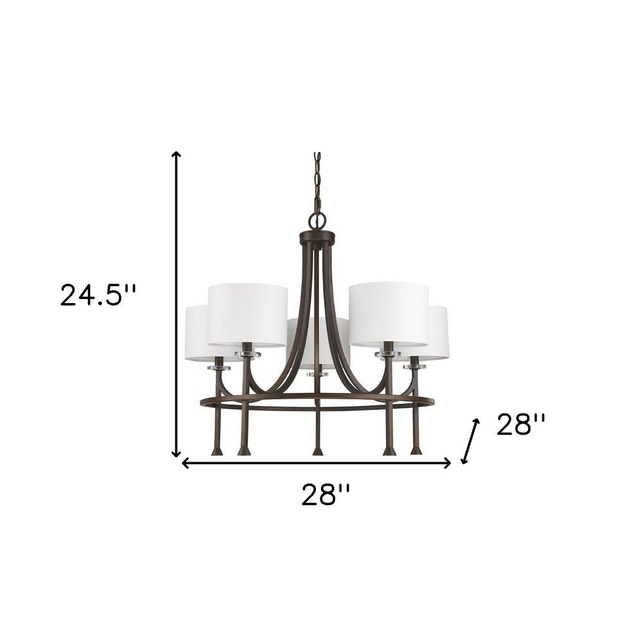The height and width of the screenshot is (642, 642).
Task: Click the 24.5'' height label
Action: pyautogui.click(x=98, y=296)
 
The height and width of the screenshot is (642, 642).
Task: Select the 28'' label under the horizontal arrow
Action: pyautogui.click(x=326, y=496)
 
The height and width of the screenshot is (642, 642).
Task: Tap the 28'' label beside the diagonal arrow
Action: pyautogui.click(x=521, y=424)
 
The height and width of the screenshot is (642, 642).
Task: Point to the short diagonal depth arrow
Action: pyautogui.click(x=469, y=441)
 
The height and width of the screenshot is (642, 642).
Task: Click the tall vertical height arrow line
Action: pyautogui.click(x=177, y=302)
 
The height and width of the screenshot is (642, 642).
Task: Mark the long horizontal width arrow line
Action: pyautogui.click(x=317, y=464)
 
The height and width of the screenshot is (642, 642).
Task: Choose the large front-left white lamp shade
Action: pyautogui.click(x=247, y=314)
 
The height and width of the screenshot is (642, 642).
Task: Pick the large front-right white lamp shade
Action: pyautogui.click(x=388, y=314)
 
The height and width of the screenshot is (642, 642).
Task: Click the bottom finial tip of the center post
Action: pyautogui.click(x=317, y=451)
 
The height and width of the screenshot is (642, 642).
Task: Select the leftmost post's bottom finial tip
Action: pyautogui.click(x=218, y=451)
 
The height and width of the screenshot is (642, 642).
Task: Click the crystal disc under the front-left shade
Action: pyautogui.click(x=247, y=354)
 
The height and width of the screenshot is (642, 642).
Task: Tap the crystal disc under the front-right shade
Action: pyautogui.click(x=388, y=354)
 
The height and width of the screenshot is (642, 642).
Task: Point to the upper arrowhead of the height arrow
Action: pyautogui.click(x=177, y=154)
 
